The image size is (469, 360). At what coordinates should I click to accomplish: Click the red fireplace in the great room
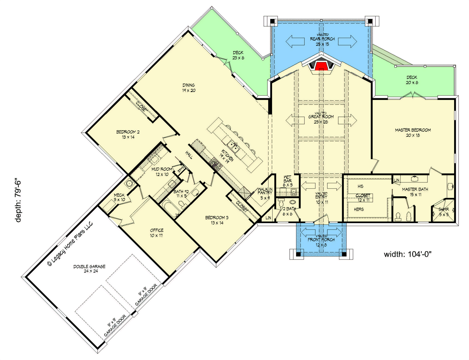click(321, 66)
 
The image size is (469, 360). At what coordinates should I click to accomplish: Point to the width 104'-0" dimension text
click(410, 254)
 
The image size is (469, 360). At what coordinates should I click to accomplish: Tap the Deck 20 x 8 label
click(412, 80)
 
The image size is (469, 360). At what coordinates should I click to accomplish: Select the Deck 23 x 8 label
click(238, 55)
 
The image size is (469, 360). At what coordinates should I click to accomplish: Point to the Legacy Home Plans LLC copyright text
click(70, 243)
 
